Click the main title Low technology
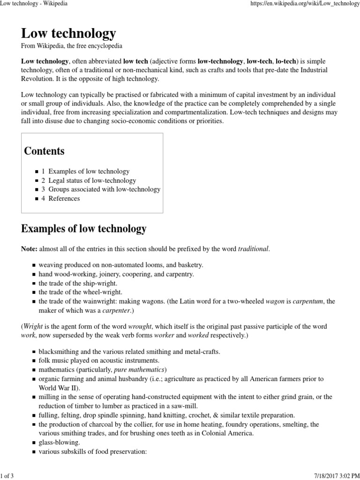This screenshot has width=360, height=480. pyautogui.click(x=68, y=34)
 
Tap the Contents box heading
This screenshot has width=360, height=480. pyautogui.click(x=44, y=151)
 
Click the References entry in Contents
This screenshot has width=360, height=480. pyautogui.click(x=64, y=198)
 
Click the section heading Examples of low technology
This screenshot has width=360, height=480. pyautogui.click(x=84, y=229)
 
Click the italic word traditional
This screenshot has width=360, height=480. pyautogui.click(x=254, y=248)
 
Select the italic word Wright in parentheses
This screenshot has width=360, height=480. pyautogui.click(x=33, y=326)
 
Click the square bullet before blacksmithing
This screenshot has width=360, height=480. pyautogui.click(x=34, y=352)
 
